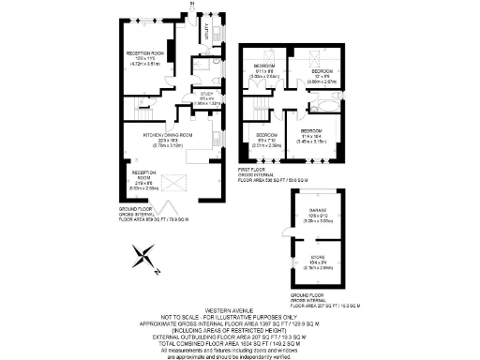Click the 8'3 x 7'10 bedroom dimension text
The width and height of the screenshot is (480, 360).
pyautogui.click(x=266, y=142)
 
